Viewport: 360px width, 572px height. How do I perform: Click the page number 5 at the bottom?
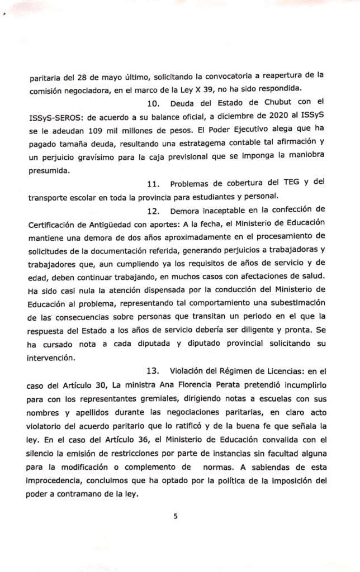pos(175,516)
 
